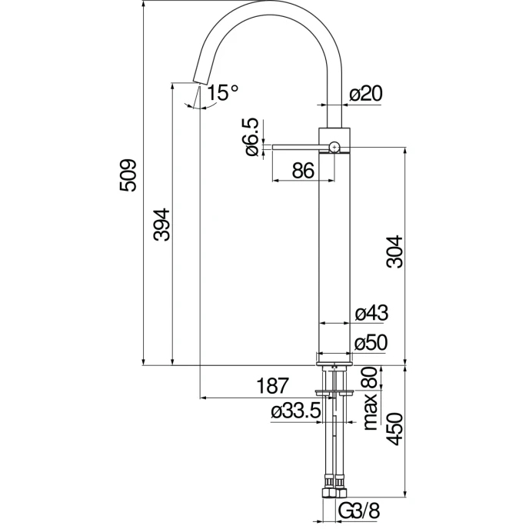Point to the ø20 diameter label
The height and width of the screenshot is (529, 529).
point(366,93)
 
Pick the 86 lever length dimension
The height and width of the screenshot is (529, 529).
point(303,171)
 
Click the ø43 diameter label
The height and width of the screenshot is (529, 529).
point(372,313)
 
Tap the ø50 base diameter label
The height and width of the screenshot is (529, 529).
point(372,343)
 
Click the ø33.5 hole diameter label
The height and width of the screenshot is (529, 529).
point(295,413)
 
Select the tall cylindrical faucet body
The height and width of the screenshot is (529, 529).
point(334,246)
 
